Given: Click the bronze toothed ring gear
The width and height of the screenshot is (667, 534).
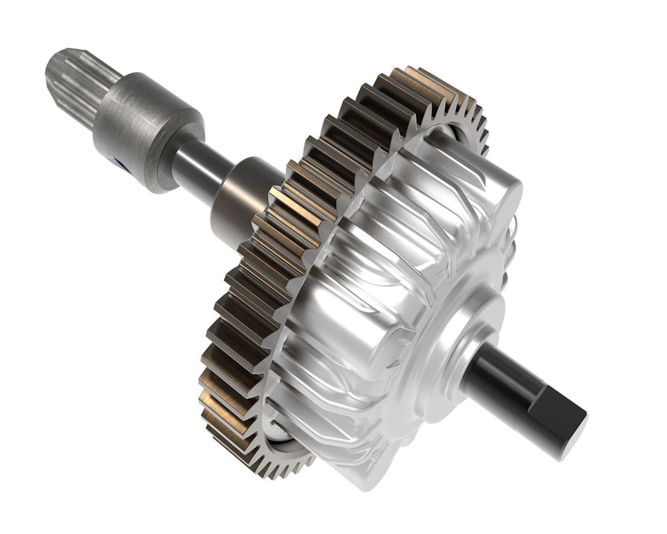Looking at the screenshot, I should coord(267,280).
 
